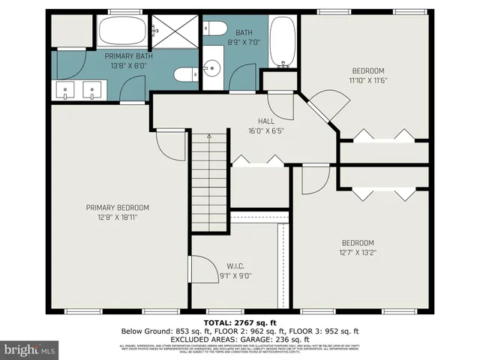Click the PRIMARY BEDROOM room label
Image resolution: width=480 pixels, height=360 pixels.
tap(117, 208)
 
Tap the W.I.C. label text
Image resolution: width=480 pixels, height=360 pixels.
tap(235, 266)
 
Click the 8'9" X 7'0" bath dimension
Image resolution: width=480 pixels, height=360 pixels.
tap(244, 42)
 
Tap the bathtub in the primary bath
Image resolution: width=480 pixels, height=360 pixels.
tap(123, 32)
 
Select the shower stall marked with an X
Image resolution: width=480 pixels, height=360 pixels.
tap(176, 32)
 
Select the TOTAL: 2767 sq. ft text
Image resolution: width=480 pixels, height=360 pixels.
tap(239, 322)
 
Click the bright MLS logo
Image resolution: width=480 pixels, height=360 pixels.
tap(30, 349)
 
